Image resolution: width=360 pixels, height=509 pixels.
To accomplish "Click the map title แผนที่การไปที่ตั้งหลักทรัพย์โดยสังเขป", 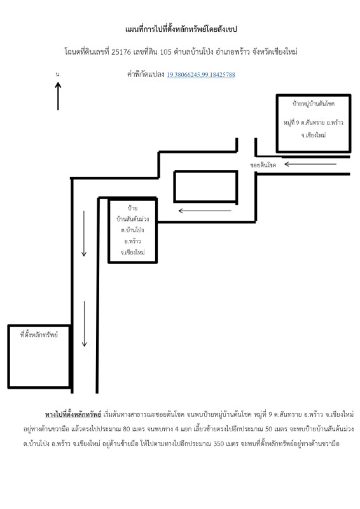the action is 181,29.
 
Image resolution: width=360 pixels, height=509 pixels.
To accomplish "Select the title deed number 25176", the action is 121,52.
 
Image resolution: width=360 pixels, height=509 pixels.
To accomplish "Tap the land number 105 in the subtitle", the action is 165,52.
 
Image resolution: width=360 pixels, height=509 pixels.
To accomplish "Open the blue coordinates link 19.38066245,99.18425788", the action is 200,74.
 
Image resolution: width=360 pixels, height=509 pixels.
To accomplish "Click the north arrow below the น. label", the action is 58,96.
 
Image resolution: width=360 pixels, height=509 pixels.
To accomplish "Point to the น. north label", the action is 58,74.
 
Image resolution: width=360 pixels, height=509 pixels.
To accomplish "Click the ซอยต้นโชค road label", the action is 263,165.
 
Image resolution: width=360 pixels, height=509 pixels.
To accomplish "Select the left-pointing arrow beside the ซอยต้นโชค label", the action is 310,164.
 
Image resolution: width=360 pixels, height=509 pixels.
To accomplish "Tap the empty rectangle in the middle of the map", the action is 206,186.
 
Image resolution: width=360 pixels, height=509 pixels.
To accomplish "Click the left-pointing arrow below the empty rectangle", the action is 205,211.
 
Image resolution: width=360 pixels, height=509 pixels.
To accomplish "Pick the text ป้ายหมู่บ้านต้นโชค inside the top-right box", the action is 314,104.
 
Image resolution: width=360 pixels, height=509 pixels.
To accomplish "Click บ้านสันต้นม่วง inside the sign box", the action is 133,219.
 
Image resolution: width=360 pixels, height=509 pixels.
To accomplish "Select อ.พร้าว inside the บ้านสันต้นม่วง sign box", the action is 132,242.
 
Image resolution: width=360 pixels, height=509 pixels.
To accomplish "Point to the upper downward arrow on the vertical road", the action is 84,234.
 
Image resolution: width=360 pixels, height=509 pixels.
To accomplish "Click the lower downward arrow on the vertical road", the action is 85,324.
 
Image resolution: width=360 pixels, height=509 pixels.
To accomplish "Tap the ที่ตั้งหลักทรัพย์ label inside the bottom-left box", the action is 39,335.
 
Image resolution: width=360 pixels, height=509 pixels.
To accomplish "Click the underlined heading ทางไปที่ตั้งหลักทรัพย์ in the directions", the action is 73,415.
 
